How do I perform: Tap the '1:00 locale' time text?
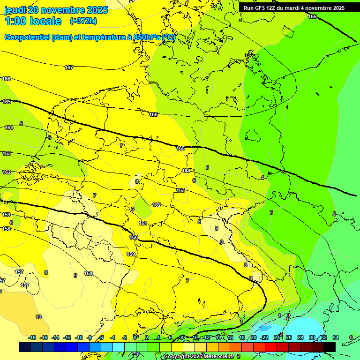coord(33,21)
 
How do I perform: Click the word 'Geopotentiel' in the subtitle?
coord(27,37)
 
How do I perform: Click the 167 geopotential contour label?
coord(69,67)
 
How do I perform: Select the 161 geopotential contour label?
coord(143,223)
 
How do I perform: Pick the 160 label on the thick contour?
coord(134,237)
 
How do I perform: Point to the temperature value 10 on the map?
coord(38,317)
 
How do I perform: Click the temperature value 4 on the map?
coord(262,178)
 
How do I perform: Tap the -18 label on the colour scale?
coord(32,337)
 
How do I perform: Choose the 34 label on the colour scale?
coord(336,337)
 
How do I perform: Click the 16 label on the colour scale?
coord(230,337)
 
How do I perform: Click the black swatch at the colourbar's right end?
coord(330,347)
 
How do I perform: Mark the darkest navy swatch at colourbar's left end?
coord(25,347)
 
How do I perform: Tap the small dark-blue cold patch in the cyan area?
coord(265,328)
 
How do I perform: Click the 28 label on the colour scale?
coord(300,337)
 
